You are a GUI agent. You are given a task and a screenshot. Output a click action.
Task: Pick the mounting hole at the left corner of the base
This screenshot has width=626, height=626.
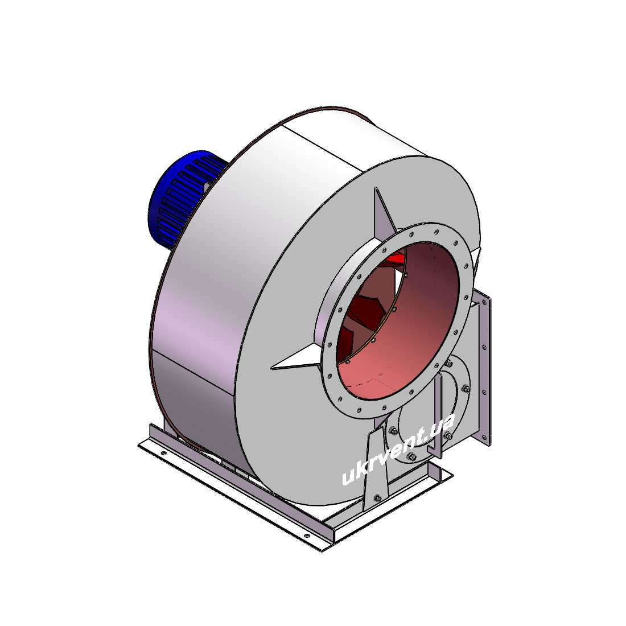click(x=163, y=454)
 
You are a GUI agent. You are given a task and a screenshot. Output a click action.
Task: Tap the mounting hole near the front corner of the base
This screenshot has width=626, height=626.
click(x=307, y=536)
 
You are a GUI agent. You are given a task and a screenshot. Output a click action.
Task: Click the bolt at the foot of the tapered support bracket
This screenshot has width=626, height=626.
click(x=377, y=498)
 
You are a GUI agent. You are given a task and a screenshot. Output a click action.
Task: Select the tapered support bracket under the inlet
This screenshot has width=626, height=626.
click(x=377, y=467)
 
